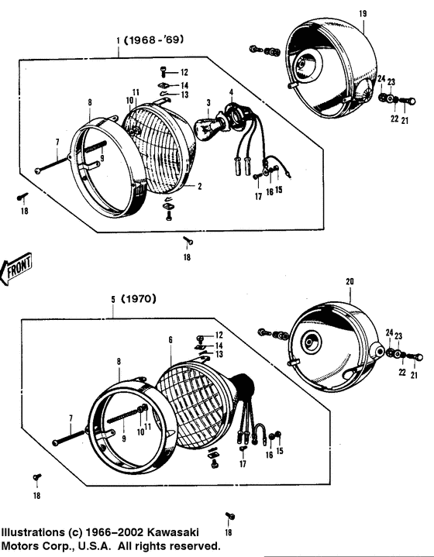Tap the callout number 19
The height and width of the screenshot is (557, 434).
[x=362, y=13]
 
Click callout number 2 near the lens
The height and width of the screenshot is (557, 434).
[x=199, y=186]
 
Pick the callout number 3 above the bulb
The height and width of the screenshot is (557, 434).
[x=208, y=102]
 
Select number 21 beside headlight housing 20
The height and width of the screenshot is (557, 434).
[x=414, y=376]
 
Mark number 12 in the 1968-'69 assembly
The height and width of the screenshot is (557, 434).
[x=184, y=72]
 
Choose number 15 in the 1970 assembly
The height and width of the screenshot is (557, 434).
[x=280, y=451]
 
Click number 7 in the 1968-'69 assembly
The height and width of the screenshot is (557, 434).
[x=57, y=142]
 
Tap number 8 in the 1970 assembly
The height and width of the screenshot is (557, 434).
[x=119, y=361]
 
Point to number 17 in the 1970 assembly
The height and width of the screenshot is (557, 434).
[x=243, y=464]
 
